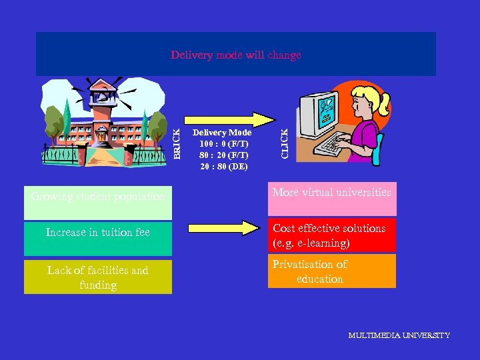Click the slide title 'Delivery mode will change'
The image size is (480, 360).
236,55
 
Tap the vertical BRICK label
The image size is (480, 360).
177,143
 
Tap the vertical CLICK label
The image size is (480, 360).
285,143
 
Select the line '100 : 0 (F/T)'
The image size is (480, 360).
223,144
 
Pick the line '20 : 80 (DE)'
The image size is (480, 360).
223,166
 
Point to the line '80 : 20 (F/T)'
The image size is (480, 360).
223,155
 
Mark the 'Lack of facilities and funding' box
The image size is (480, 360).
98,277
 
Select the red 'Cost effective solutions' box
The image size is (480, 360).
332,235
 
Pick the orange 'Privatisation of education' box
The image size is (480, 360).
332,271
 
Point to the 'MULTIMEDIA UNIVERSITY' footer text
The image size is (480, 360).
399,335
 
